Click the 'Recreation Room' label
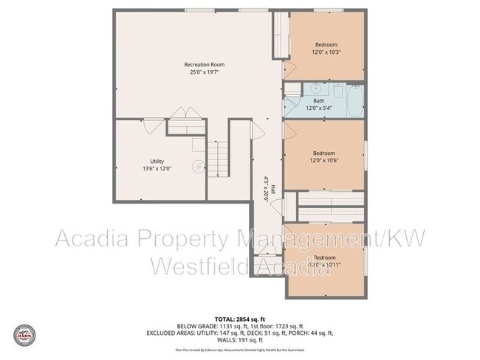[x=204, y=65]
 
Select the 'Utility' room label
[x=157, y=161]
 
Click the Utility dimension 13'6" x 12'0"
[x=157, y=169]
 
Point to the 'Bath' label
[x=318, y=100]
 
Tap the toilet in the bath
[x=336, y=91]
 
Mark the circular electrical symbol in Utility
[x=198, y=167]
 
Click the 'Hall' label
[x=272, y=190]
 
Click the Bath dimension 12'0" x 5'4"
[x=318, y=108]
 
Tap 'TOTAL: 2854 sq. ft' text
[x=240, y=317]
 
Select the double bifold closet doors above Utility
[x=182, y=114]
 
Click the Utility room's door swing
[x=153, y=125]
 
